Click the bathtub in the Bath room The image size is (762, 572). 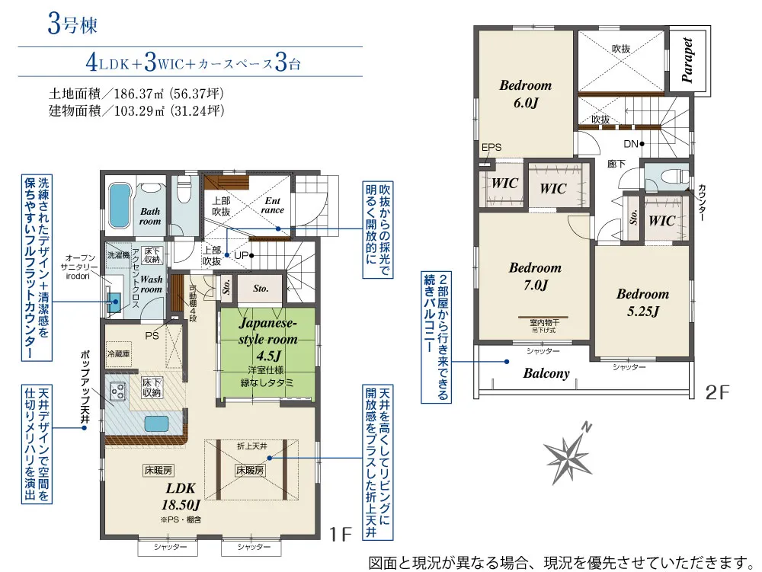click(x=119, y=205)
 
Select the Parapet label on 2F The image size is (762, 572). click(x=687, y=59)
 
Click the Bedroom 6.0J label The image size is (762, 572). click(x=526, y=94)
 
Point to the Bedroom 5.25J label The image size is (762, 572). click(x=643, y=302)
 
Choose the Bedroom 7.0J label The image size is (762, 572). click(x=536, y=276)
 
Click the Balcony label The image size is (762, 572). click(x=546, y=373)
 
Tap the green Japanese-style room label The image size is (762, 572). click(x=267, y=339)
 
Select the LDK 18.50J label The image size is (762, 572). click(x=181, y=497)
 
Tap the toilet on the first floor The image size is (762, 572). click(x=184, y=189)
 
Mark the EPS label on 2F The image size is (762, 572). click(x=491, y=147)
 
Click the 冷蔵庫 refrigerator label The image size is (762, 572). click(x=119, y=353)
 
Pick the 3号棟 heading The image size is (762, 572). click(x=72, y=24)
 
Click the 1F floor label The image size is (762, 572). click(x=340, y=534)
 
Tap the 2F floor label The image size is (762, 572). click(x=717, y=391)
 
